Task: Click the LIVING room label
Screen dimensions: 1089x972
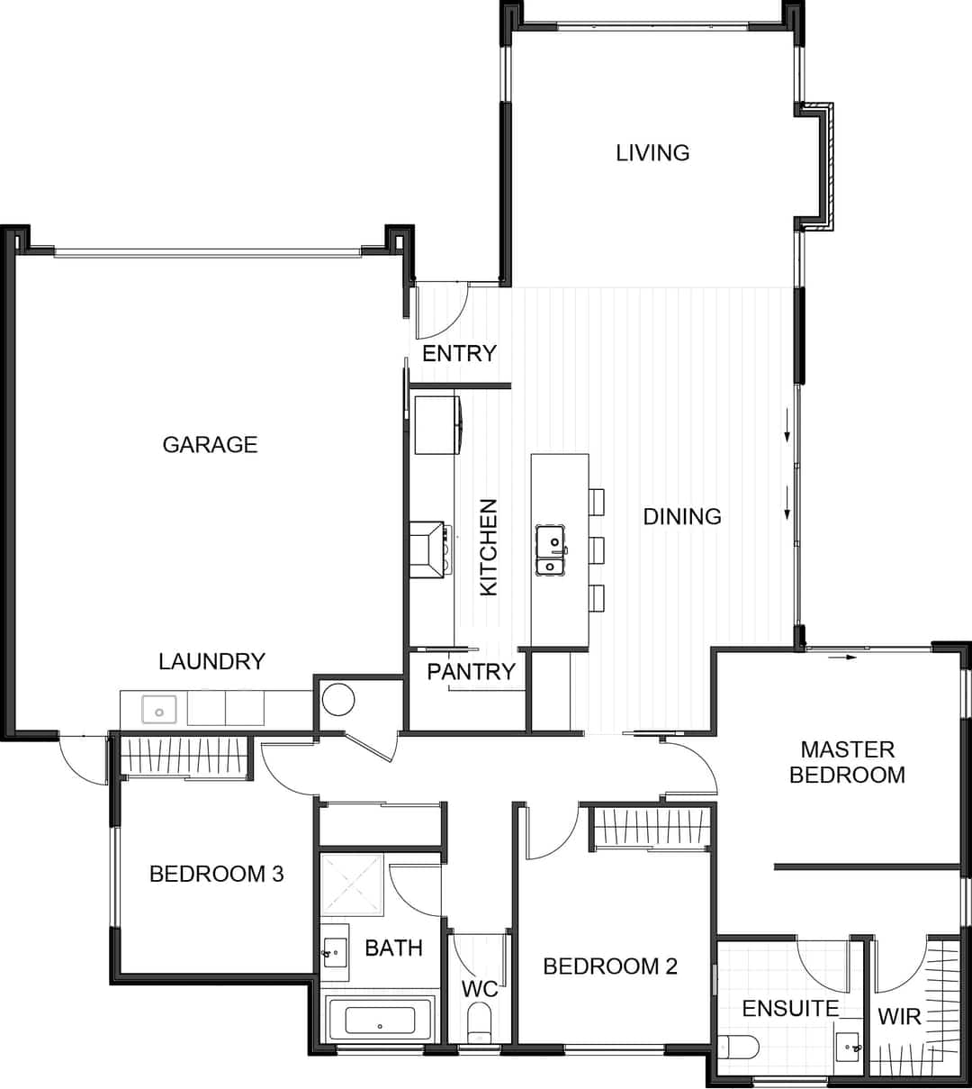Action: (x=652, y=153)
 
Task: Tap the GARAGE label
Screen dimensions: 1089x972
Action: (x=210, y=444)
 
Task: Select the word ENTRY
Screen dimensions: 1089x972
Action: (x=459, y=353)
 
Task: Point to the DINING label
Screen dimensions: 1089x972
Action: (x=682, y=516)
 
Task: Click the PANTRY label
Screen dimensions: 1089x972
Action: (x=471, y=671)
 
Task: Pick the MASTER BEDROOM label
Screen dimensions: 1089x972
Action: (x=847, y=762)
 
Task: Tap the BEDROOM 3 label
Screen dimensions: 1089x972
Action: (x=216, y=873)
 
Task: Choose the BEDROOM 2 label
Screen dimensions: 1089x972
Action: (x=610, y=966)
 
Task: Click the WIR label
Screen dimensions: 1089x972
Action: (x=899, y=1017)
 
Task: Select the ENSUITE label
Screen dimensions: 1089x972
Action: (x=790, y=1008)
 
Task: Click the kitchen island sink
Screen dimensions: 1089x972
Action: (x=550, y=550)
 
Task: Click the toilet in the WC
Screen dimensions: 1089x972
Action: (x=480, y=1022)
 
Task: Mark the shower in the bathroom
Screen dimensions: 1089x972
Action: (x=353, y=885)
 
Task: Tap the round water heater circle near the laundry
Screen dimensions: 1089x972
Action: (x=339, y=699)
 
